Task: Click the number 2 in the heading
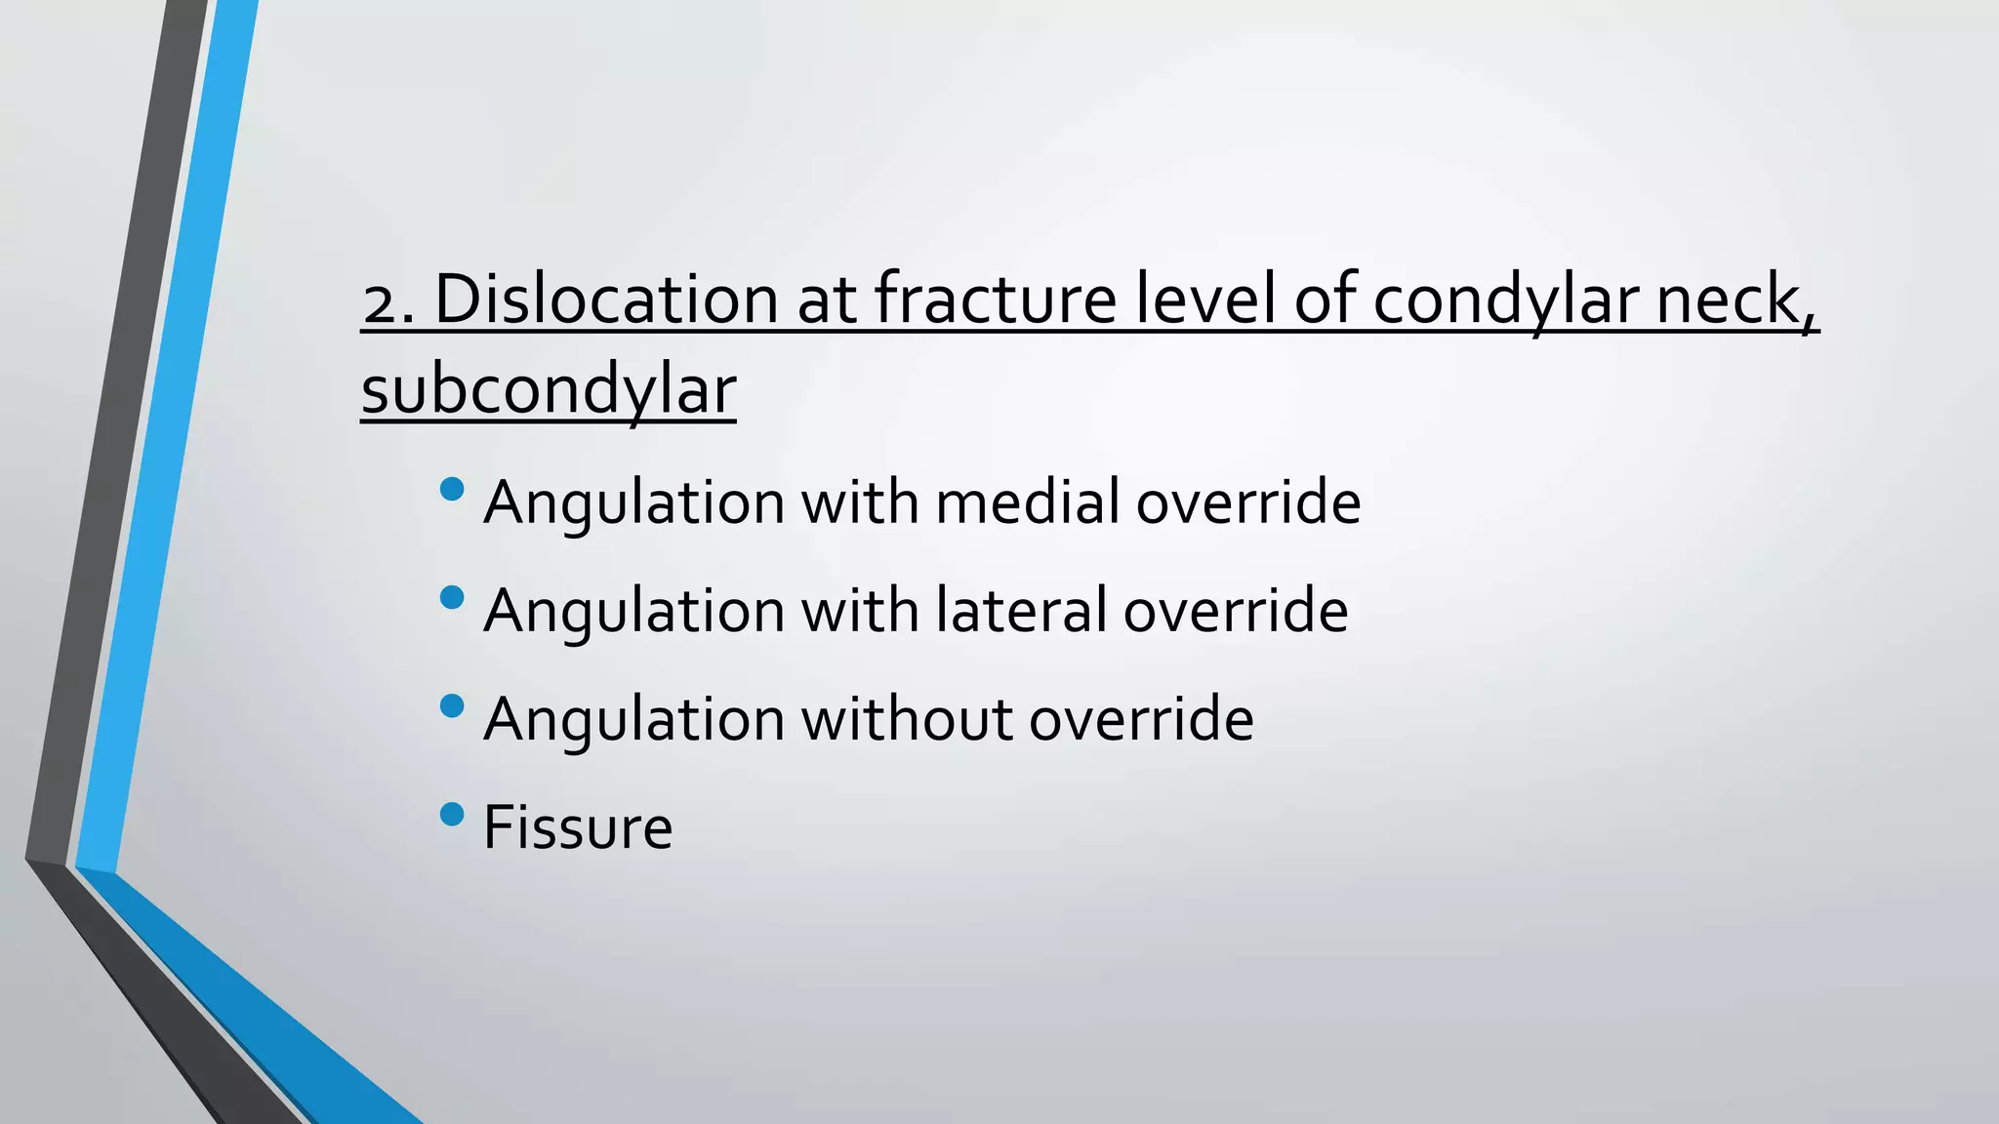click(x=382, y=301)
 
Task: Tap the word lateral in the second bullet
click(x=1021, y=611)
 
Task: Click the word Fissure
click(x=578, y=827)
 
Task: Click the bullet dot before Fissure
click(x=452, y=814)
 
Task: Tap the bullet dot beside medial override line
click(x=452, y=489)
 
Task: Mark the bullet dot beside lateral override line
click(x=452, y=597)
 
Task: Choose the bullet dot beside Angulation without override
click(x=452, y=705)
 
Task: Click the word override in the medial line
click(x=1248, y=502)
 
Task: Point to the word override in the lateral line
click(x=1236, y=611)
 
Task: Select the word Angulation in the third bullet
click(x=634, y=721)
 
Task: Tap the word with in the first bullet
click(x=859, y=502)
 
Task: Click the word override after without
click(x=1141, y=719)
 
